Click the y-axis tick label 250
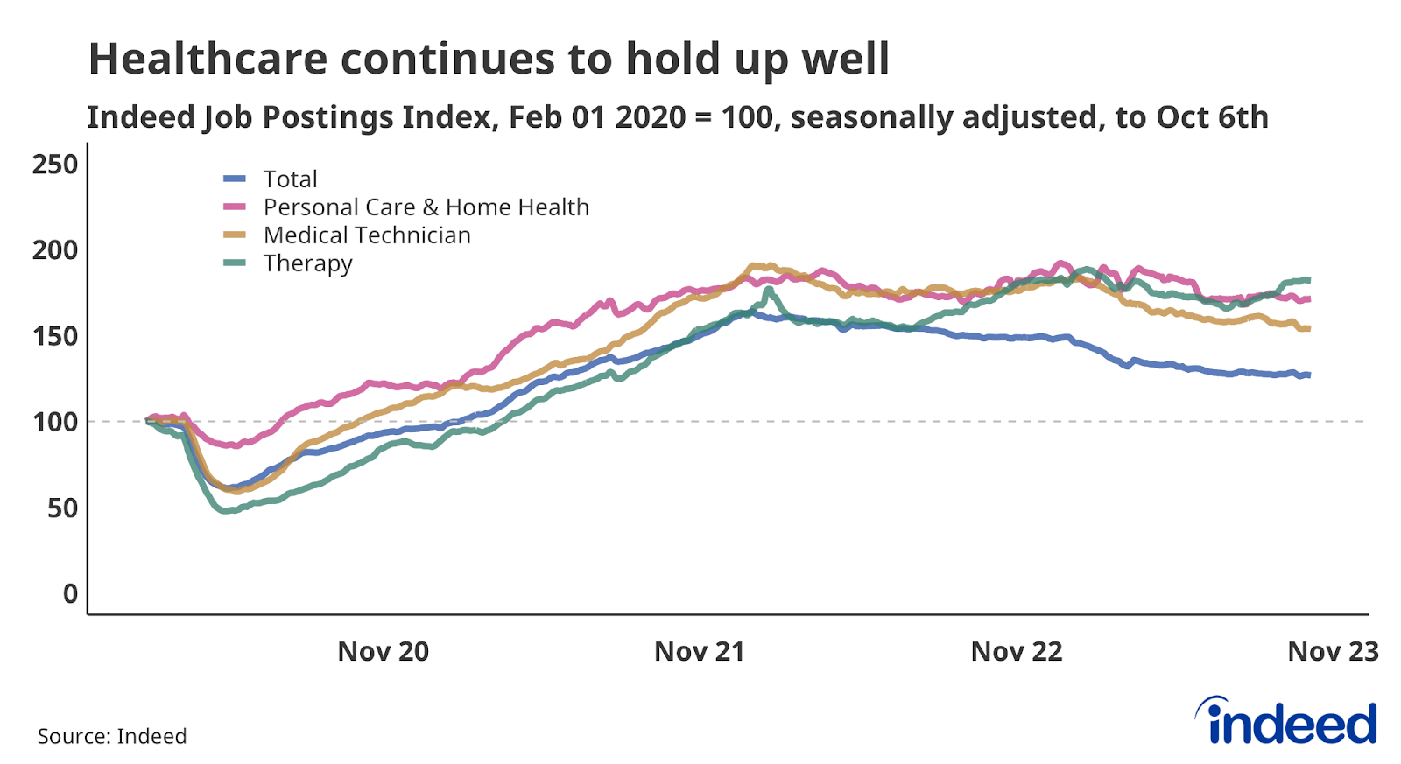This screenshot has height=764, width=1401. tap(54, 165)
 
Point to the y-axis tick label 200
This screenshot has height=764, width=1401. tap(54, 250)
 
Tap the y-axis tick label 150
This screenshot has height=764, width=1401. tap(54, 336)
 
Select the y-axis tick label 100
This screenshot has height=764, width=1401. tap(54, 422)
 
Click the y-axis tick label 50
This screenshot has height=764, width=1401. tap(62, 508)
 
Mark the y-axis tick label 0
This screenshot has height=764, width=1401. tap(70, 593)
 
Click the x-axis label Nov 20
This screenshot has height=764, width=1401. tap(383, 652)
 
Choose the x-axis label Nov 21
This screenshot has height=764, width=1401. tap(699, 652)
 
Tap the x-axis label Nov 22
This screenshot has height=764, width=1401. tap(1016, 652)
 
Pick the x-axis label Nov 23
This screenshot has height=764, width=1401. tap(1332, 652)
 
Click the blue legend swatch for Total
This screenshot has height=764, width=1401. tap(235, 179)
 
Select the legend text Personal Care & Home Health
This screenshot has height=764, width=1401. tap(426, 207)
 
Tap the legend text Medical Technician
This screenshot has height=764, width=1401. tap(367, 235)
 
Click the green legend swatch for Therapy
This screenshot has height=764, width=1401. tap(235, 263)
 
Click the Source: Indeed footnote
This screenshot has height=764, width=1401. tap(112, 736)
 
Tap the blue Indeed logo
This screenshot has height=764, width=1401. tap(1286, 722)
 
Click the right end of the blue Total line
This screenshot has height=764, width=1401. tap(1308, 375)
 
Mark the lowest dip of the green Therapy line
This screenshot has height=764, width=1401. tap(225, 510)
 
